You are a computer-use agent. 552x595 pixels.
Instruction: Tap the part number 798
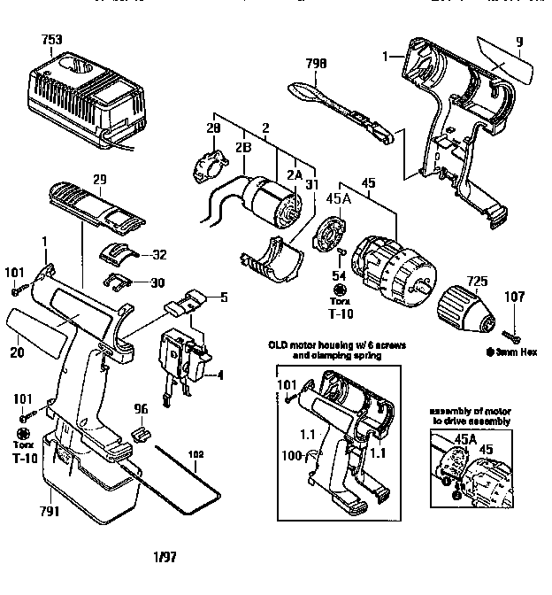[x=316, y=63]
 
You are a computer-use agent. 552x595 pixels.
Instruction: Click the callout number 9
[x=520, y=40]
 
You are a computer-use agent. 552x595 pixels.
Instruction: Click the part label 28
[x=212, y=130]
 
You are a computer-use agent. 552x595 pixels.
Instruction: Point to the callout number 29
[x=99, y=180]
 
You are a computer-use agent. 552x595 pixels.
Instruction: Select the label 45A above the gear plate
[x=341, y=198]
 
